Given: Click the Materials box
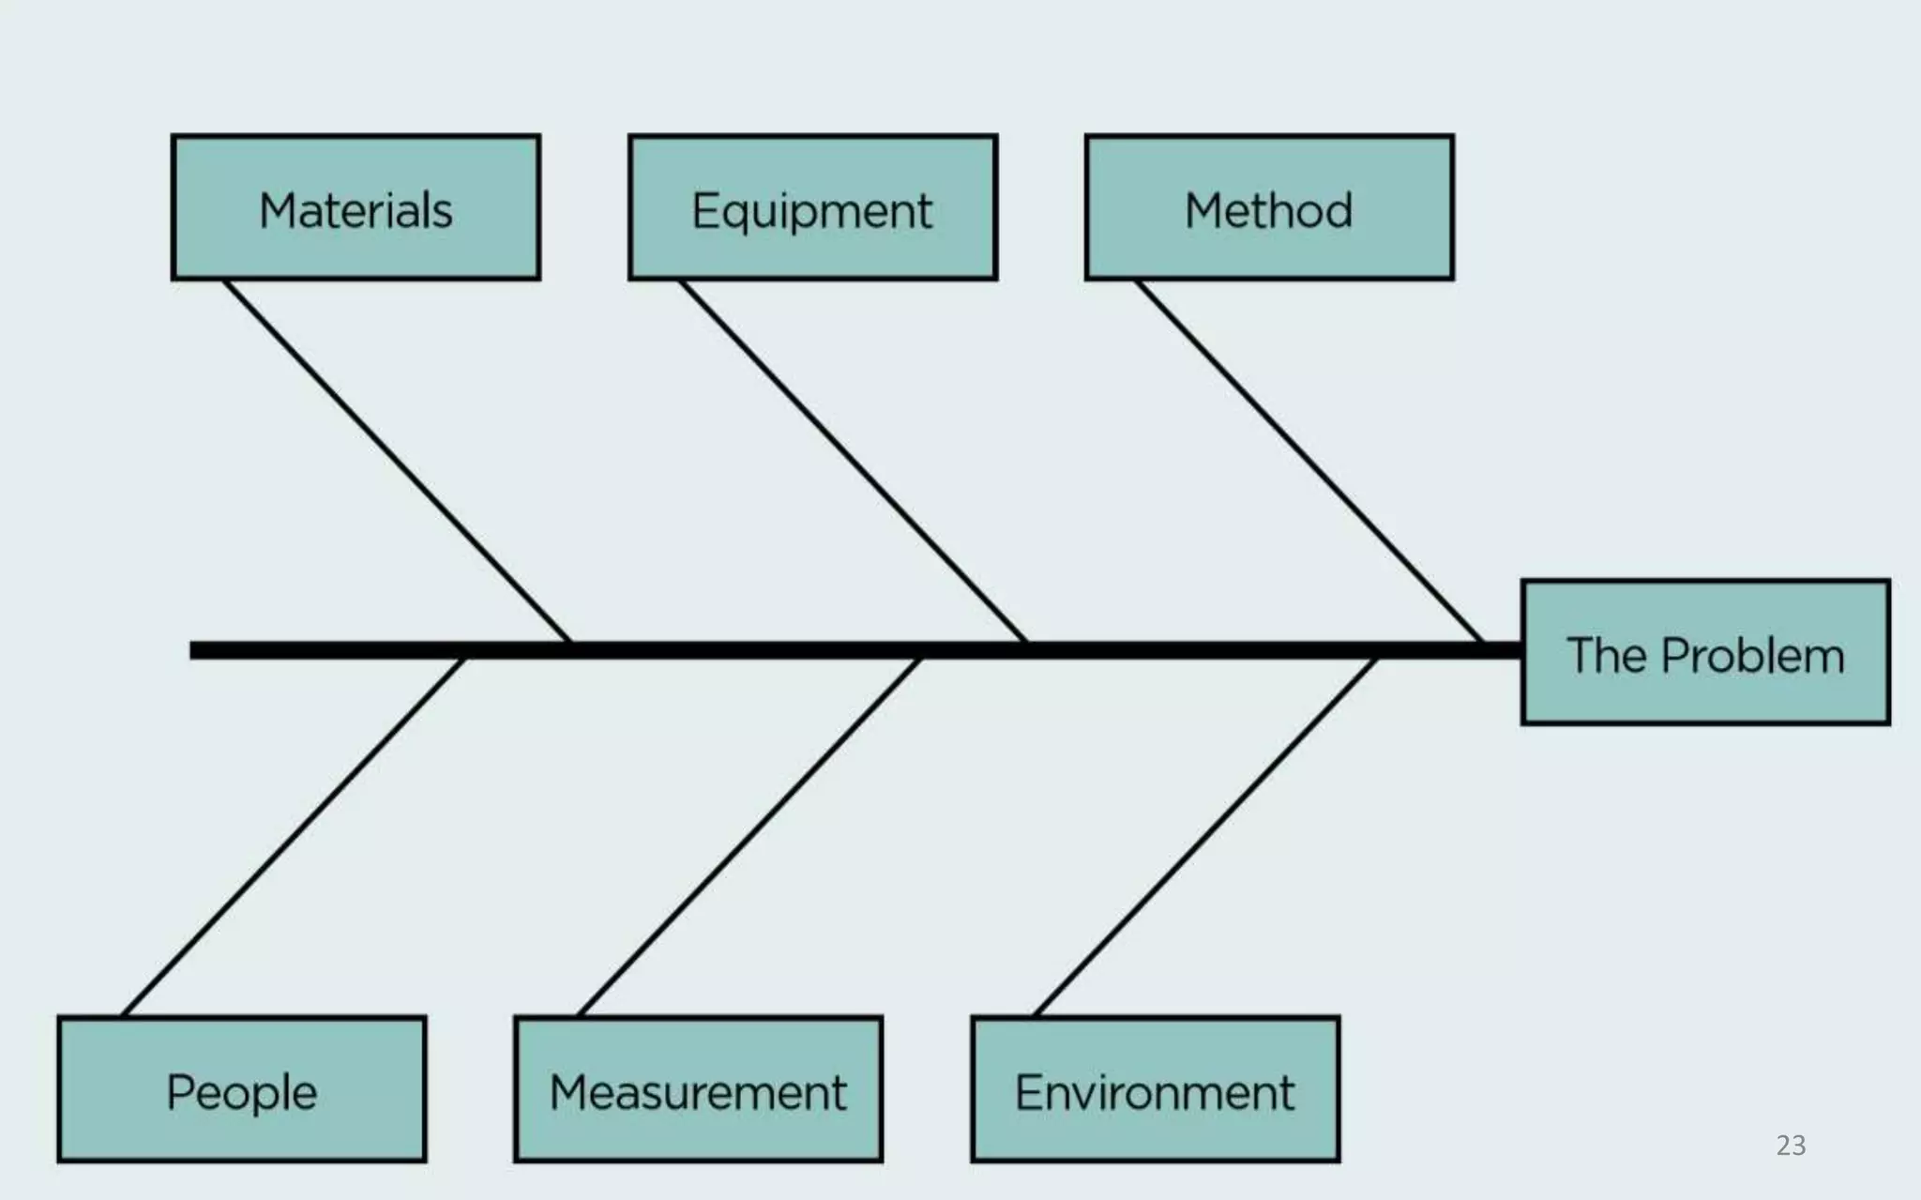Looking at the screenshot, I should [x=355, y=207].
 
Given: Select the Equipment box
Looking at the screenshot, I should [x=812, y=207].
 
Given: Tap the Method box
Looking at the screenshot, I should [x=1269, y=207].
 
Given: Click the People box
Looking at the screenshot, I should [x=242, y=1089].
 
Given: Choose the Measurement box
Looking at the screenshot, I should [x=699, y=1089].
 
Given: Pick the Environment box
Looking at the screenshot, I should [x=1156, y=1089].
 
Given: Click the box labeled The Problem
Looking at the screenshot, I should [x=1705, y=652].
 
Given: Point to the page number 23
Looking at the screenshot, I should [x=1791, y=1146].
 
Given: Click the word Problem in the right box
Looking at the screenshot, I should [x=1752, y=655].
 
